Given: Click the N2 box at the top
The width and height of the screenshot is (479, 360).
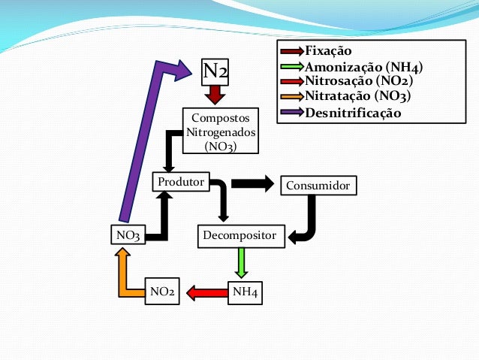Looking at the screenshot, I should [x=215, y=71].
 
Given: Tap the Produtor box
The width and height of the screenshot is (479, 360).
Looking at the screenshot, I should [x=180, y=183].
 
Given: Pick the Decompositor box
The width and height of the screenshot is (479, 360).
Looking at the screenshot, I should [x=242, y=236].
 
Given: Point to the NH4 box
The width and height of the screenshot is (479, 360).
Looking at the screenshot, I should [x=246, y=292].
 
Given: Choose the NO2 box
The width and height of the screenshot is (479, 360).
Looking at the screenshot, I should [x=164, y=292].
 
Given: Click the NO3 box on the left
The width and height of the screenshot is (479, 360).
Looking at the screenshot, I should [x=128, y=236].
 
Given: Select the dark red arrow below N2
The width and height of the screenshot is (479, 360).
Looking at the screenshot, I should [x=215, y=95].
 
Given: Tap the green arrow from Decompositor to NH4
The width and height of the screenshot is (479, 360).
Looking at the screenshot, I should [x=242, y=263].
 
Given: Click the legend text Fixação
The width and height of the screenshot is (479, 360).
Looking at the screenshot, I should [x=328, y=51].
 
